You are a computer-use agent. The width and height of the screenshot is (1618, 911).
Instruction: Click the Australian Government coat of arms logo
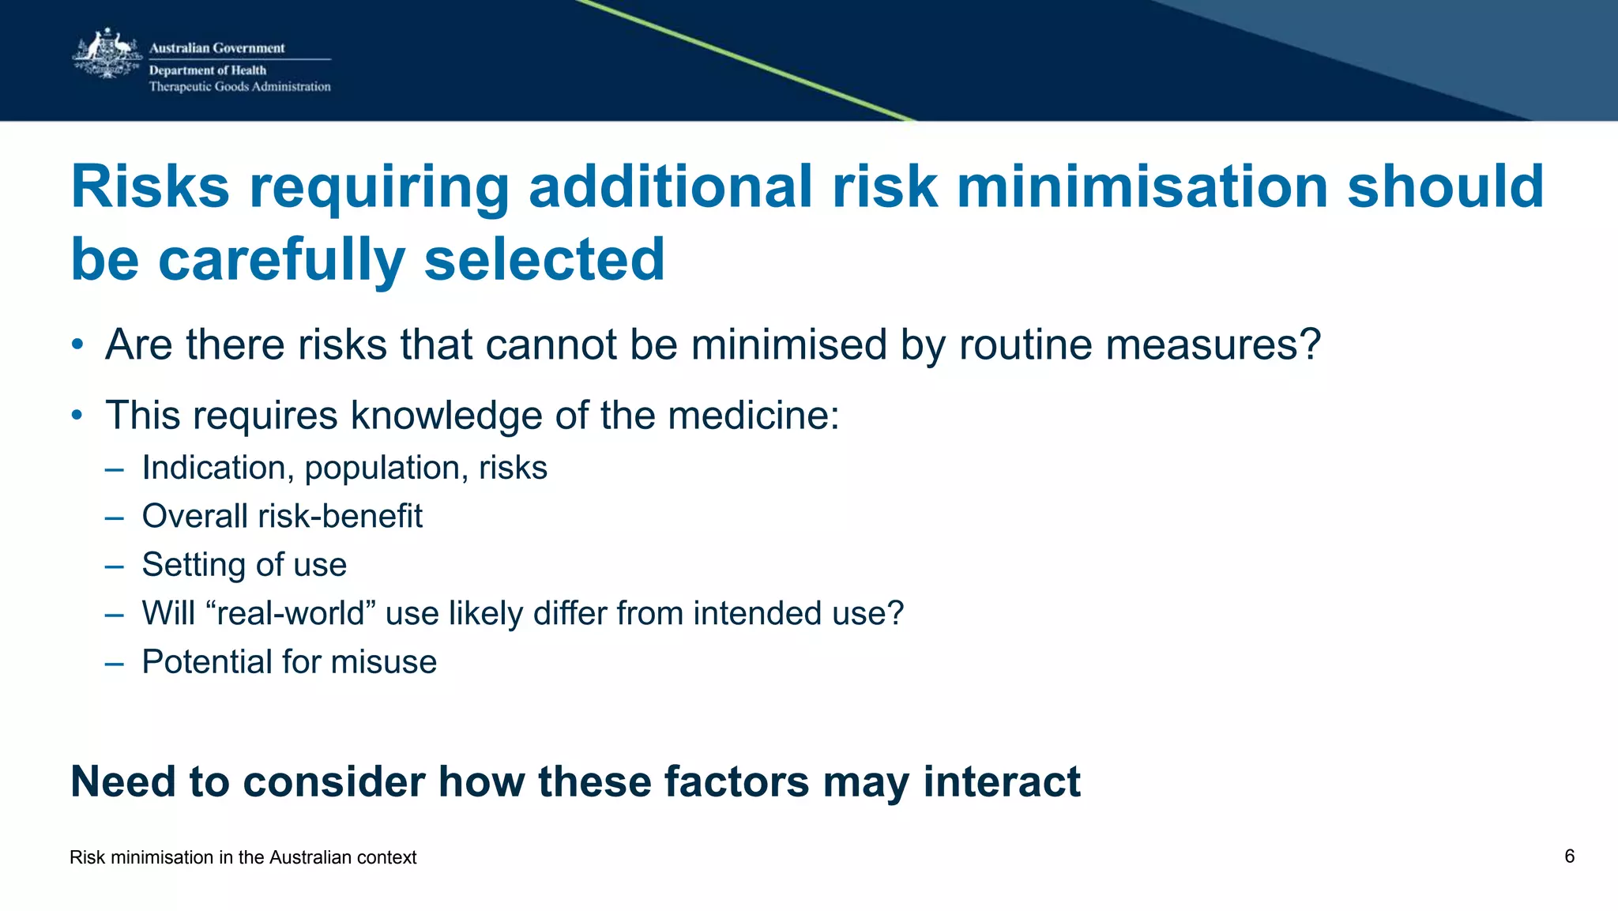(107, 55)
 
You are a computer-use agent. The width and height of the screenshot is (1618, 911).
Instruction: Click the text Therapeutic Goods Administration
(239, 87)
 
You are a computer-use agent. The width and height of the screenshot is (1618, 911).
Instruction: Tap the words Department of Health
(208, 70)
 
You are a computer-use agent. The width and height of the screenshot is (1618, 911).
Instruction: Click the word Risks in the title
(150, 187)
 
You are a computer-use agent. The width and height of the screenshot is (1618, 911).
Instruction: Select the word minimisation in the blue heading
(1142, 187)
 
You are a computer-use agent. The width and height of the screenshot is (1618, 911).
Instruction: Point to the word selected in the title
(544, 260)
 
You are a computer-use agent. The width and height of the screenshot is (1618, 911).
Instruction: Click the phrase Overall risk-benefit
(282, 516)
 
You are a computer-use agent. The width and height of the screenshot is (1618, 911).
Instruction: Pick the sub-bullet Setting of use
(244, 565)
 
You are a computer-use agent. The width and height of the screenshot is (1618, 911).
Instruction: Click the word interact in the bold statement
(1001, 782)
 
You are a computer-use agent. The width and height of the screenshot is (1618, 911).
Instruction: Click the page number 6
(1569, 856)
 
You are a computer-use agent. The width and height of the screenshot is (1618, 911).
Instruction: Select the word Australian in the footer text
(304, 857)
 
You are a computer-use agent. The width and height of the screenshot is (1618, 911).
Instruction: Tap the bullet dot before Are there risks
(77, 345)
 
